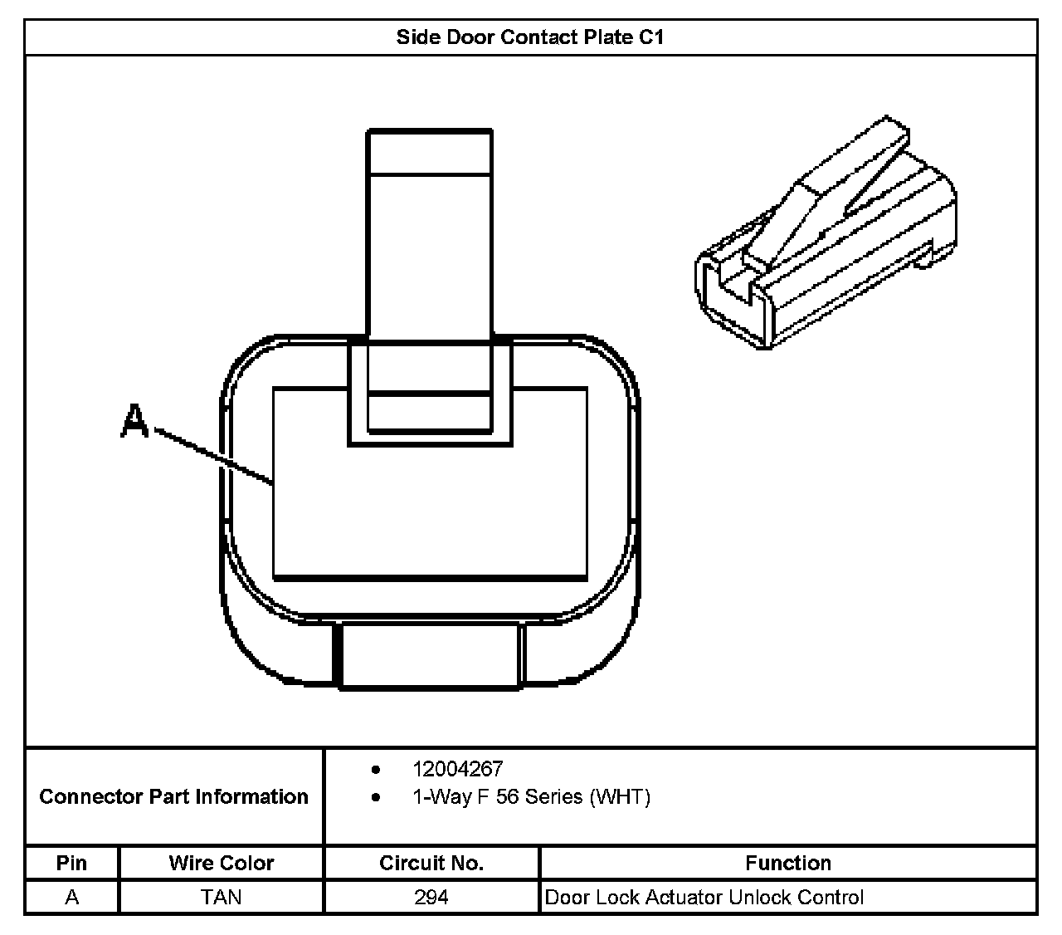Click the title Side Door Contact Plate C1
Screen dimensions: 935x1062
coord(530,37)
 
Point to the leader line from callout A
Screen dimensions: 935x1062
coord(214,456)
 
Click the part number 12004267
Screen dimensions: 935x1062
coord(457,769)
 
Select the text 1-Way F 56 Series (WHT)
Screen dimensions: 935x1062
coord(531,797)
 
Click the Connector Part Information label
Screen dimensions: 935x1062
coord(174,796)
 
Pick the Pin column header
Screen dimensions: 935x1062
coord(71,863)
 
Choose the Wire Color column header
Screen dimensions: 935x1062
coord(221,863)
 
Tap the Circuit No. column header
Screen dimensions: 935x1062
coord(431,863)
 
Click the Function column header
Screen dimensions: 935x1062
coord(787,863)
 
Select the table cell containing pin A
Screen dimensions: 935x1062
coord(72,897)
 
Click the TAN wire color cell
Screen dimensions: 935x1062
coord(221,897)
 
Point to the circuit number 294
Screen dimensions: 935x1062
coord(431,897)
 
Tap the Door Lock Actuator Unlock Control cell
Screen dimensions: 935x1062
coord(704,897)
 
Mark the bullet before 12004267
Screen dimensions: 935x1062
coord(377,770)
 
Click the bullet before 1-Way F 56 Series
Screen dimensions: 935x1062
coord(377,798)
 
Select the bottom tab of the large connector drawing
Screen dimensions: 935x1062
coord(430,655)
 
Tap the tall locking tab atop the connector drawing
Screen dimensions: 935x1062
coord(430,241)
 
